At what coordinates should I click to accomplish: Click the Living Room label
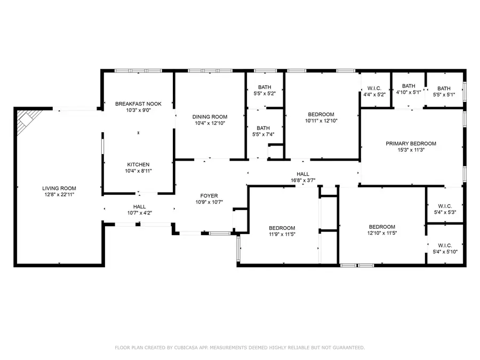[x=59, y=188]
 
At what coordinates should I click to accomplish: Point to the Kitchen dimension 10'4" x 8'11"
[x=138, y=171]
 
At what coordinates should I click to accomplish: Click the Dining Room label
[x=210, y=117]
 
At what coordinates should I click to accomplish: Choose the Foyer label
[x=209, y=195]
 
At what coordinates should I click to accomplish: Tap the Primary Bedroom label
[x=411, y=143]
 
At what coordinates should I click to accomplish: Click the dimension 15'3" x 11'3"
[x=411, y=150]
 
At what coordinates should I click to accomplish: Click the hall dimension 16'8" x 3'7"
[x=303, y=181]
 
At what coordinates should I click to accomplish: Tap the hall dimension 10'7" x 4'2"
[x=139, y=213]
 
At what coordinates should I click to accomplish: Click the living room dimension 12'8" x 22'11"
[x=59, y=195]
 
